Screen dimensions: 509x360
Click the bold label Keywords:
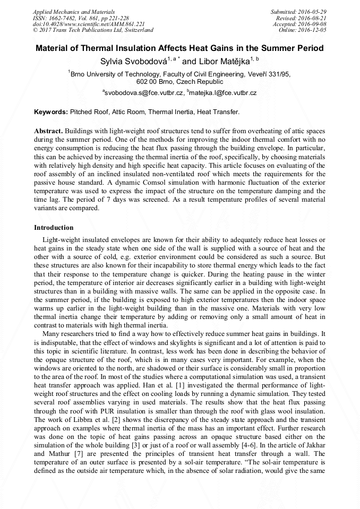point(51,112)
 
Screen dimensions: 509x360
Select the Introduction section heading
point(54,227)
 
